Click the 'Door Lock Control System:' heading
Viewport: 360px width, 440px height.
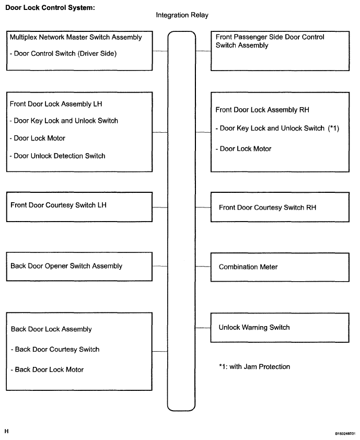point(50,7)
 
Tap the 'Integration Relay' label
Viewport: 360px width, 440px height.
point(182,15)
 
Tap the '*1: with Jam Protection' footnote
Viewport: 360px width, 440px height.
point(254,367)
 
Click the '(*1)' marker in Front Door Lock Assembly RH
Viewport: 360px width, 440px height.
point(334,128)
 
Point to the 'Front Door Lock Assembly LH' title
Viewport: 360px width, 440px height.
point(56,104)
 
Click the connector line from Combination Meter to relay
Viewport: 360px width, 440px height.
point(203,267)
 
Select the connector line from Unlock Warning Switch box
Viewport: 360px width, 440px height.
point(203,328)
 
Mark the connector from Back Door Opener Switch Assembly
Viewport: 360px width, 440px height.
point(160,266)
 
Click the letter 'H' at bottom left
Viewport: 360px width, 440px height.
point(6,431)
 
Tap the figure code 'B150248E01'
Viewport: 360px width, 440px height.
point(345,434)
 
